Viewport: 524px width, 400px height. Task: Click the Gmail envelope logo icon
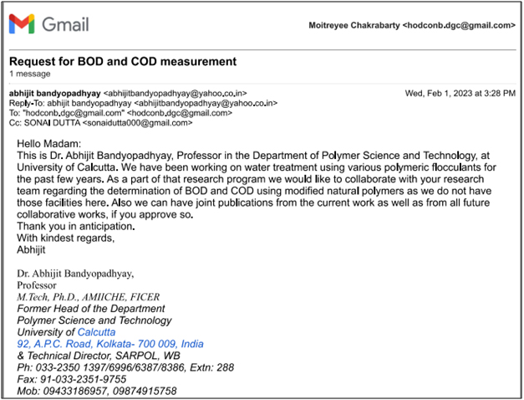[x=22, y=24]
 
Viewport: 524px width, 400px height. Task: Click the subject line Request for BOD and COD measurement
[x=123, y=61]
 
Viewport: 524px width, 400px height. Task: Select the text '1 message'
[x=28, y=74]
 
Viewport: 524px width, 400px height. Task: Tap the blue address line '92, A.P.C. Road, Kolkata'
[x=110, y=344]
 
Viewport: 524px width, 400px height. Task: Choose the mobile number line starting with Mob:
[x=97, y=391]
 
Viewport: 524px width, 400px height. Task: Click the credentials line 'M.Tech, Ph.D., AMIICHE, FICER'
[x=88, y=296]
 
